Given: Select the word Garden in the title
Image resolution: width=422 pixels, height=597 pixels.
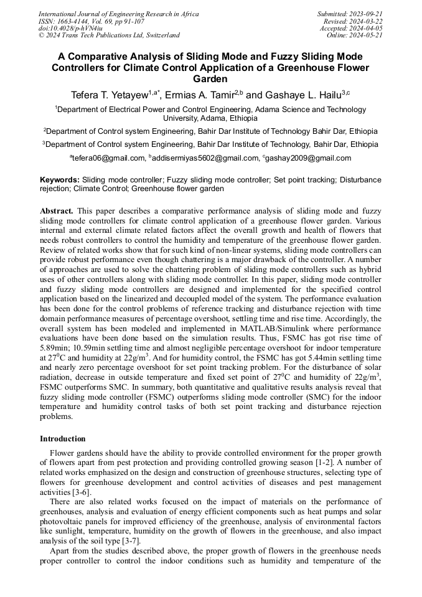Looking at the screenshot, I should (x=210, y=79).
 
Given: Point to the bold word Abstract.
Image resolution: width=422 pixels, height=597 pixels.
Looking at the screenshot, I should (x=57, y=211).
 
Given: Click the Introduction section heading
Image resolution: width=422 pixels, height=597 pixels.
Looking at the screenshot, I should (x=63, y=439).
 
